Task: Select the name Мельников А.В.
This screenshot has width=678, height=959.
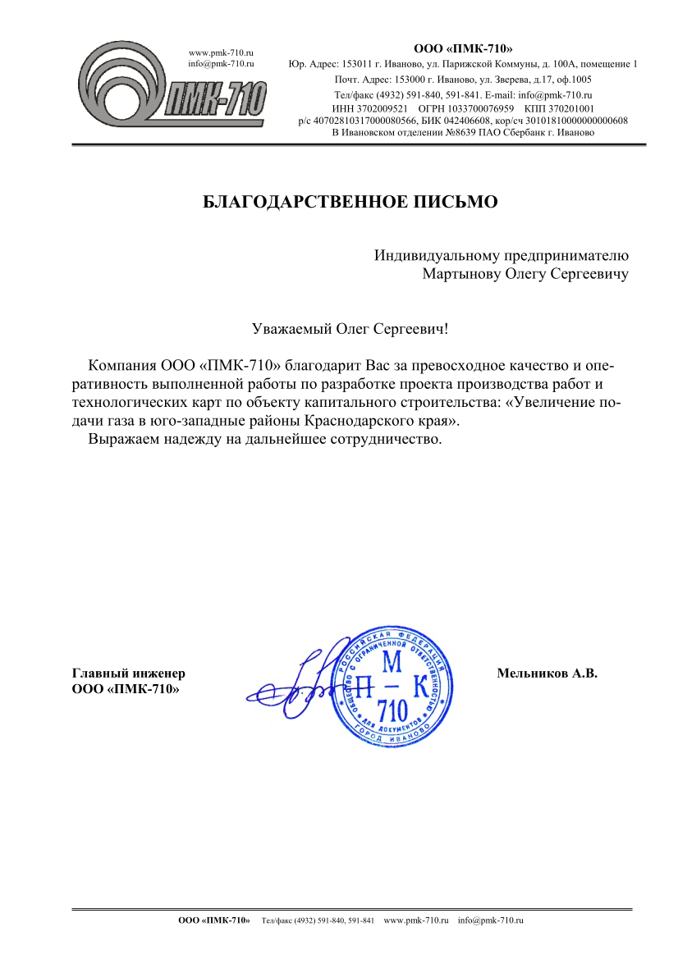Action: click(x=546, y=674)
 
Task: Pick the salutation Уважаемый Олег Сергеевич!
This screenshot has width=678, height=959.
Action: click(x=351, y=330)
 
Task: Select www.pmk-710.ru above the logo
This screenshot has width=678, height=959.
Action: click(x=221, y=53)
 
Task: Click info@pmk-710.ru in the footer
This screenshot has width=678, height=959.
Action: click(x=490, y=921)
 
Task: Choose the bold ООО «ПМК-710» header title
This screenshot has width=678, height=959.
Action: click(x=464, y=48)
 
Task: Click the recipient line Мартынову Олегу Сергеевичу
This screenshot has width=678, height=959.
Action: click(x=525, y=274)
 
